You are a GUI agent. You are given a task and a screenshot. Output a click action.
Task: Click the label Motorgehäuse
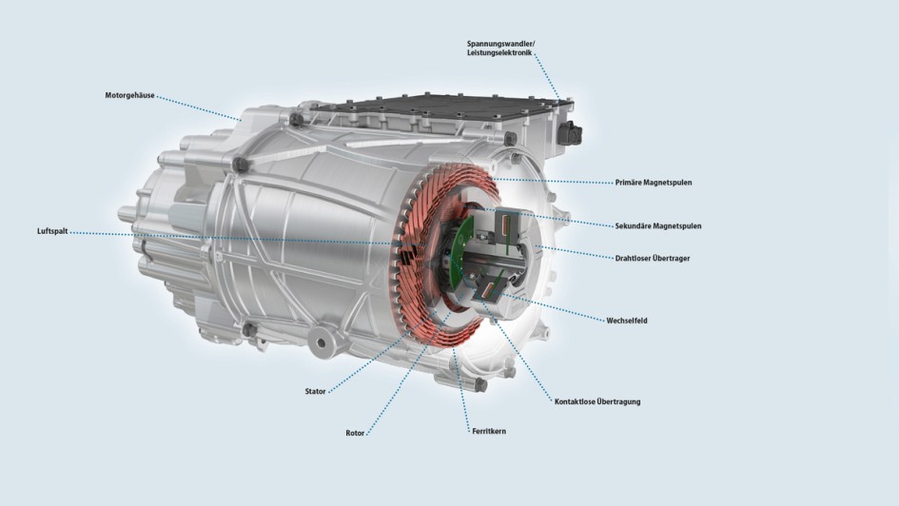pos(129,96)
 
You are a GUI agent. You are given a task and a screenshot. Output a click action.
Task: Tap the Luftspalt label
pos(52,231)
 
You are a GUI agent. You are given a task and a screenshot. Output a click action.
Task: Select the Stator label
pos(315,392)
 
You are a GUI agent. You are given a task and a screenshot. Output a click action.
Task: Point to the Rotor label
pos(355,433)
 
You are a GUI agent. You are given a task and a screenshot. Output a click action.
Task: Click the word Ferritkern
pos(489,431)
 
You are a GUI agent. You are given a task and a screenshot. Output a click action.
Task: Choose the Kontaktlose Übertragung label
pos(597,401)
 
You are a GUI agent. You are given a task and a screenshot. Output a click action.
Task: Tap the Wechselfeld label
pos(627,321)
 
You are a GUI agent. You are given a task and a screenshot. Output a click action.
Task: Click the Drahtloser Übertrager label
pos(653,258)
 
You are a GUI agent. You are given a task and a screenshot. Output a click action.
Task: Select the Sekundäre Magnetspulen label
pos(658,225)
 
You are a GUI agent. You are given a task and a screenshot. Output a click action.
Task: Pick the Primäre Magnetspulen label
pos(654,183)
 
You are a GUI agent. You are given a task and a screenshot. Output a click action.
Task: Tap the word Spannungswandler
pos(500,44)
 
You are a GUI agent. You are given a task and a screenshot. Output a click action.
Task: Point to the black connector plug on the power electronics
pos(570,133)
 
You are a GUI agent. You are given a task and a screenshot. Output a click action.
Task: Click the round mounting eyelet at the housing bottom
pos(321,343)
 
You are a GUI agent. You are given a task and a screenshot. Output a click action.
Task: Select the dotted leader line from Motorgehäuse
pos(199,108)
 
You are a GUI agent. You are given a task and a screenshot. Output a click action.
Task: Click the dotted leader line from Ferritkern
pos(461,390)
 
